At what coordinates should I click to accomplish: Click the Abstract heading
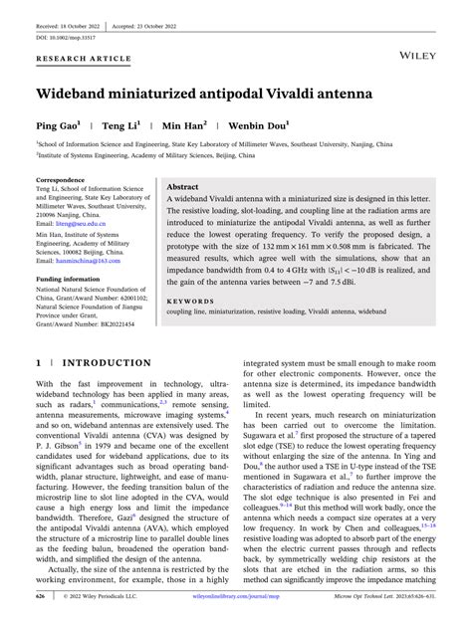(182, 186)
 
